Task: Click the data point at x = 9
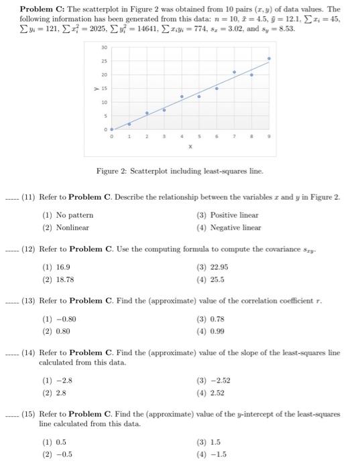269,58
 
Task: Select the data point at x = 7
234,72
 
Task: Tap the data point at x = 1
129,124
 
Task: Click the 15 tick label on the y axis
103,88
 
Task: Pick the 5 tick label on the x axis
199,136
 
